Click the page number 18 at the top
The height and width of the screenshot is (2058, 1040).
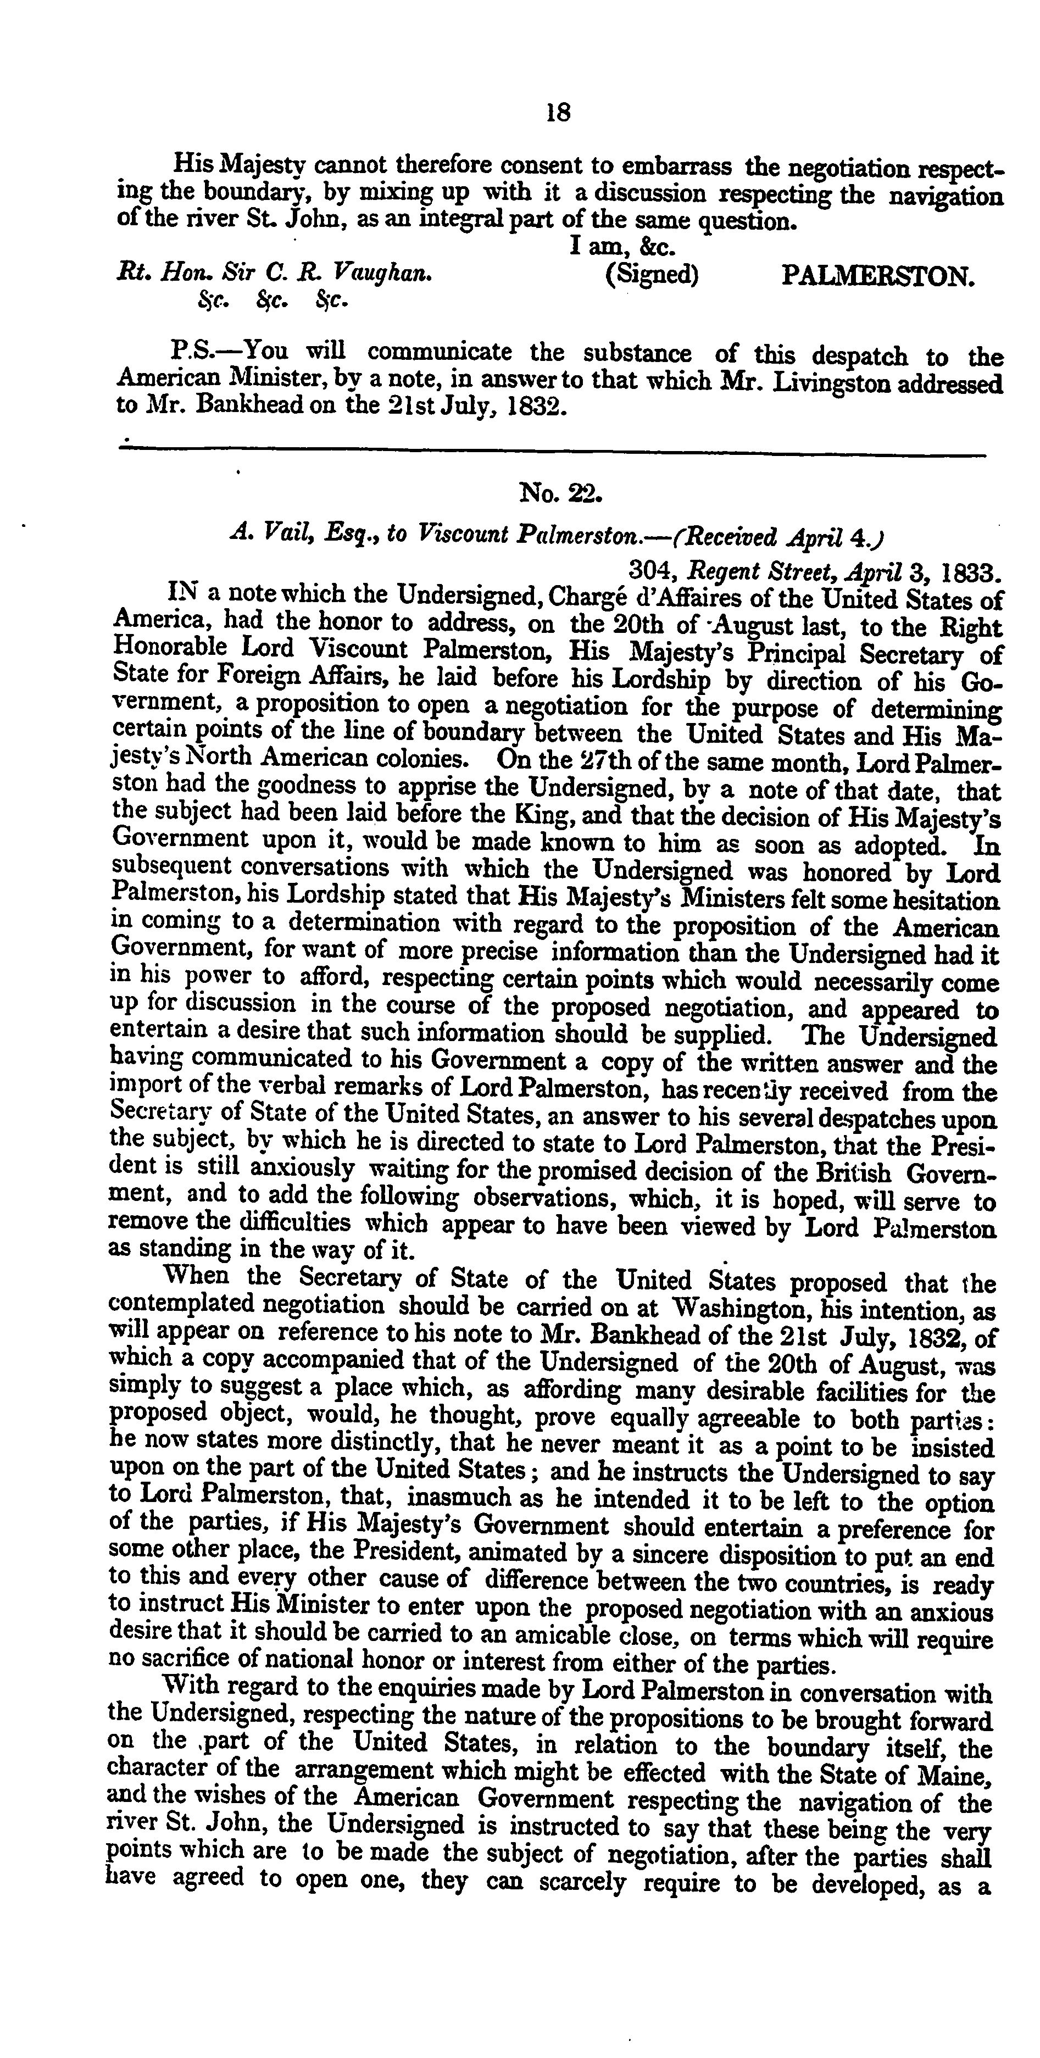[x=558, y=113]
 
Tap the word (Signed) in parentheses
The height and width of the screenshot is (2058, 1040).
[x=652, y=275]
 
